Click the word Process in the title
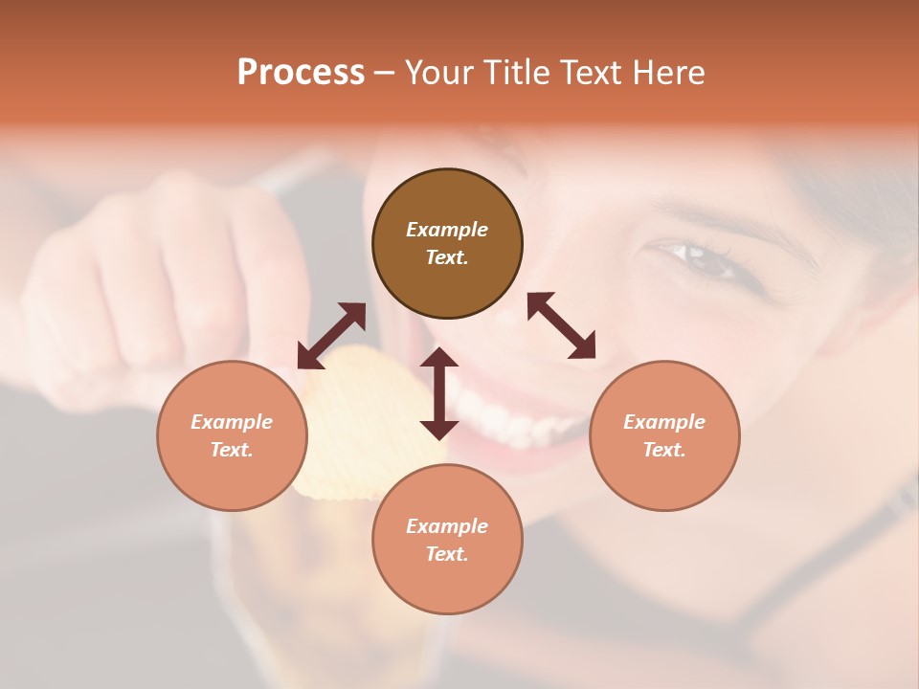[301, 73]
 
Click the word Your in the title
[439, 73]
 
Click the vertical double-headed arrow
[439, 393]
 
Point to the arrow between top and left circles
[331, 335]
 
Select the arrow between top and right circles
[562, 325]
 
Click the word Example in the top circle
[447, 230]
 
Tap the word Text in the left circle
[232, 450]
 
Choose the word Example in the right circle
[664, 422]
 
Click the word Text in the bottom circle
[447, 554]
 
